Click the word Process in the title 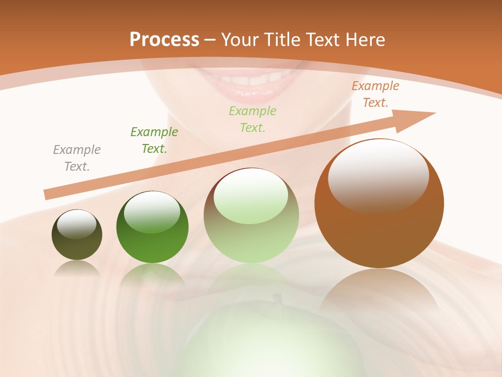click(164, 40)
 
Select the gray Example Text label click(77, 158)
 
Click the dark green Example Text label click(154, 140)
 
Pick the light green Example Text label click(253, 119)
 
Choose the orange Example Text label click(375, 94)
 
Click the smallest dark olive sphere click(77, 241)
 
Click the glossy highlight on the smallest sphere click(77, 224)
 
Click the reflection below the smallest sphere click(77, 268)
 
